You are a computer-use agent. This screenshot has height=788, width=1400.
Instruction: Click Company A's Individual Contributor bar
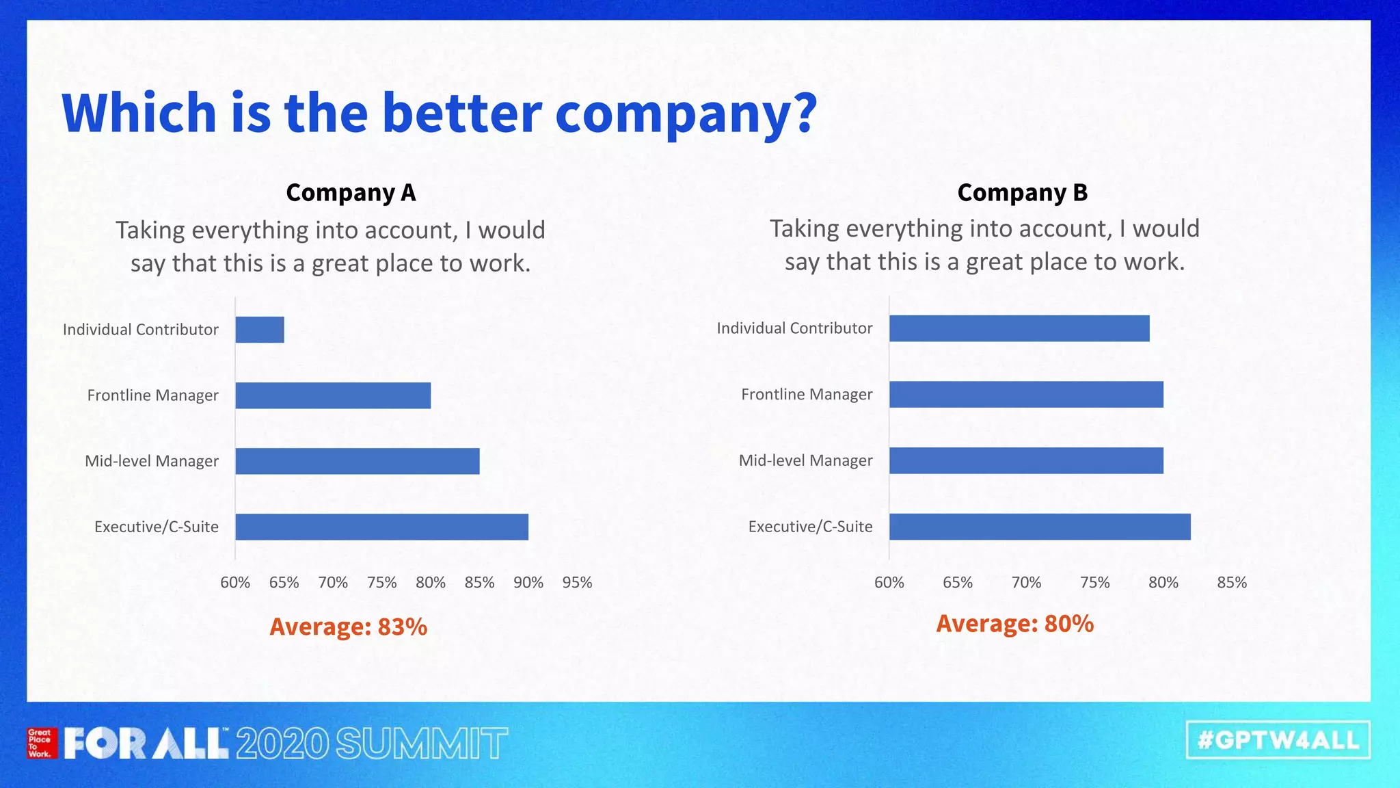tap(260, 330)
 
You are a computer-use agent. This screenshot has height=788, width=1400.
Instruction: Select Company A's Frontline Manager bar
tap(333, 395)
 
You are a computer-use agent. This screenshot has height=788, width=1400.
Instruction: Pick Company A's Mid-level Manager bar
tap(358, 461)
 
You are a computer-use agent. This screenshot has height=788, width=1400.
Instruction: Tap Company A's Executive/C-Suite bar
tap(381, 527)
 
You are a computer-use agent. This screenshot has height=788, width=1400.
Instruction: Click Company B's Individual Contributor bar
tap(1019, 328)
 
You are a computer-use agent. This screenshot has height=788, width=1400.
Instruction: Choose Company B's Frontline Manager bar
tap(1026, 395)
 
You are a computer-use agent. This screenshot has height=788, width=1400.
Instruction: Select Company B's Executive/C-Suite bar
tap(1040, 527)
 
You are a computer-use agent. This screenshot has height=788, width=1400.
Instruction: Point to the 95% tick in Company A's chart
tap(577, 583)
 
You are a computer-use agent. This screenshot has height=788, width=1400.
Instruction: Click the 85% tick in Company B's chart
tap(1232, 583)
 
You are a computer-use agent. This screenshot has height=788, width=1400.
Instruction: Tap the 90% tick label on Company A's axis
tap(528, 583)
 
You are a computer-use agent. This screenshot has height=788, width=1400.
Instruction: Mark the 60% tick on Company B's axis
tap(889, 583)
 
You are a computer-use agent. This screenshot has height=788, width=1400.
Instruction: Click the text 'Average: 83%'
tap(349, 627)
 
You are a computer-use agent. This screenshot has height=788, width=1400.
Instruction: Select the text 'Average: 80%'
tap(1014, 624)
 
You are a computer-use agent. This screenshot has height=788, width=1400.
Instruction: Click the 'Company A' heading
tap(351, 193)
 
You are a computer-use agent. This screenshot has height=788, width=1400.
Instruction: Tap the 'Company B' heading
tap(1022, 193)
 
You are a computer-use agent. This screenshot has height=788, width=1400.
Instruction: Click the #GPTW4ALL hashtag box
tap(1278, 740)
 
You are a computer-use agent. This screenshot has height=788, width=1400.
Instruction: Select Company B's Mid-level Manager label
tap(805, 461)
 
